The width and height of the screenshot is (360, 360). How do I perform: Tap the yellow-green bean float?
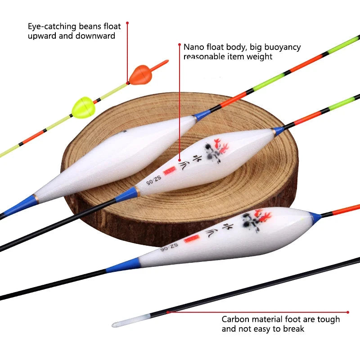[82, 107]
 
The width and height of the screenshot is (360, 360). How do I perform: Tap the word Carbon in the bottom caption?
[234, 319]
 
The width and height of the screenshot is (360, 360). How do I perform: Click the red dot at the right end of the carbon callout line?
[348, 312]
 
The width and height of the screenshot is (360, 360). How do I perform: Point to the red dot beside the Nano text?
[180, 45]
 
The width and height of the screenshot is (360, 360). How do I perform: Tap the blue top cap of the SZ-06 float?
[315, 218]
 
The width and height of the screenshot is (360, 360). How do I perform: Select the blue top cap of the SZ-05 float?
[278, 130]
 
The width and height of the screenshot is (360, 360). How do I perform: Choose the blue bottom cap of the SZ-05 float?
[127, 195]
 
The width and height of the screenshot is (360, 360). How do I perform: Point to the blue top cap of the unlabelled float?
[202, 115]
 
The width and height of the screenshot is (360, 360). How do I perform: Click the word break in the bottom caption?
[293, 329]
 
